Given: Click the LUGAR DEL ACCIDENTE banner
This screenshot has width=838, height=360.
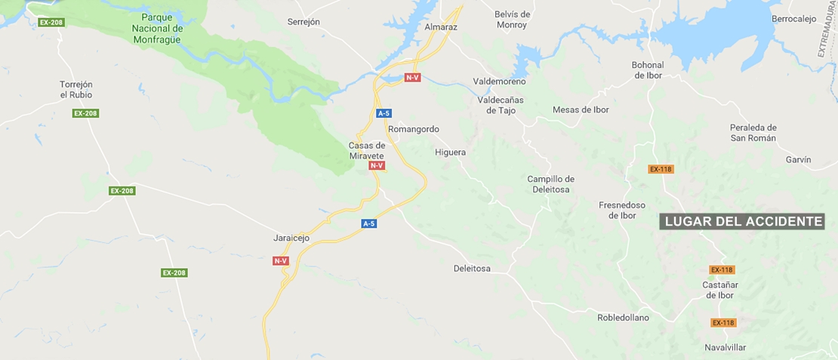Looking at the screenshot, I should (742, 221).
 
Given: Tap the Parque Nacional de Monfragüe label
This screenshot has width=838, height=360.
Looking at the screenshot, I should (162, 28).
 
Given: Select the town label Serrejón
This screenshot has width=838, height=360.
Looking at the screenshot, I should (303, 22).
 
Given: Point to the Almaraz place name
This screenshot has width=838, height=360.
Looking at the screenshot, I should (441, 27).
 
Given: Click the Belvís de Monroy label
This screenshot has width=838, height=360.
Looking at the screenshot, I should (513, 20).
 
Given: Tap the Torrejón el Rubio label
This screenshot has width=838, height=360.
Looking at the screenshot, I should (76, 89).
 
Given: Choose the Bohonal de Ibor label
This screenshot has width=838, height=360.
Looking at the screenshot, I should (648, 70).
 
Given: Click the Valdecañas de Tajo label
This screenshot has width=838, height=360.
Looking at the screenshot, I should (501, 105).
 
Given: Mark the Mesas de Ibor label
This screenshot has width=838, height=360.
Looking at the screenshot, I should (581, 109).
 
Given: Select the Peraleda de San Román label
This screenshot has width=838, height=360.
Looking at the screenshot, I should (753, 133).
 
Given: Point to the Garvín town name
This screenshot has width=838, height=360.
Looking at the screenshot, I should (798, 160).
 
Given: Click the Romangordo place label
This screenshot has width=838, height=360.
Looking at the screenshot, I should (413, 129).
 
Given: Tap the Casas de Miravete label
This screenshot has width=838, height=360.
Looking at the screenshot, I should (367, 150).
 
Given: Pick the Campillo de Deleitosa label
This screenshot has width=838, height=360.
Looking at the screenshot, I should (550, 184).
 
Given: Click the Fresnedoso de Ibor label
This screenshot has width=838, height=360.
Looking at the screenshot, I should (622, 210).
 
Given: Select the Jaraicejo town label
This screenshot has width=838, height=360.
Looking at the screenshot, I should (292, 238).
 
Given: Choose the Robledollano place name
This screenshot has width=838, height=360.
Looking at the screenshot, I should (623, 318).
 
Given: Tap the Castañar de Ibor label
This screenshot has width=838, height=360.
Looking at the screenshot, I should (719, 290).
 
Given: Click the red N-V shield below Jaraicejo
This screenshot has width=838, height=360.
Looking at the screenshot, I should (281, 260).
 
